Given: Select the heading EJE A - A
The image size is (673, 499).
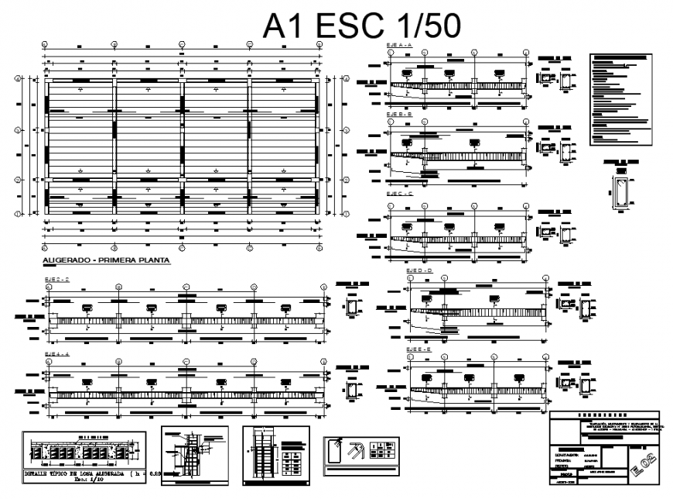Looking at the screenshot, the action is (400, 46).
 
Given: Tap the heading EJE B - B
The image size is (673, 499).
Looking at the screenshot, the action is (400, 114).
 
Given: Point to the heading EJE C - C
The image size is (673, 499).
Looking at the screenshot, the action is (400, 193).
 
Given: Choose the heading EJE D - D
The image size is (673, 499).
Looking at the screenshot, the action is (419, 270).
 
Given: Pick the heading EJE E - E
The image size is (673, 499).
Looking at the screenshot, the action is (419, 349).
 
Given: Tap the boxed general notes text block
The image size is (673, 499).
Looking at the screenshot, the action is (620, 99).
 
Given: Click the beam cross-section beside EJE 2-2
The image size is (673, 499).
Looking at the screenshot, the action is (353, 308).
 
